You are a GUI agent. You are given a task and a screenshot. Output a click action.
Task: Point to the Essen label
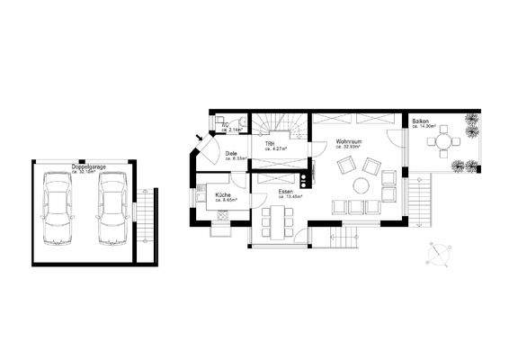[286, 192]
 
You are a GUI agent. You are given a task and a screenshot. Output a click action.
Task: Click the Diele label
[231, 154]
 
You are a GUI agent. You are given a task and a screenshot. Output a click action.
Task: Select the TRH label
[269, 144]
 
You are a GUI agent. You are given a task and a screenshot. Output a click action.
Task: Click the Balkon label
[421, 121]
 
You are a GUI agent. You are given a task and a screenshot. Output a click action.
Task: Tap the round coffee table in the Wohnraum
[361, 185]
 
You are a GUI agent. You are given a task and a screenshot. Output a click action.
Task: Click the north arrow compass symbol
[439, 254]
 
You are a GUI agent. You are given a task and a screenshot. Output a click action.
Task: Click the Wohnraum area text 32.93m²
[351, 148]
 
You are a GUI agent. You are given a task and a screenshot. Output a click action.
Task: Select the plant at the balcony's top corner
[470, 124]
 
